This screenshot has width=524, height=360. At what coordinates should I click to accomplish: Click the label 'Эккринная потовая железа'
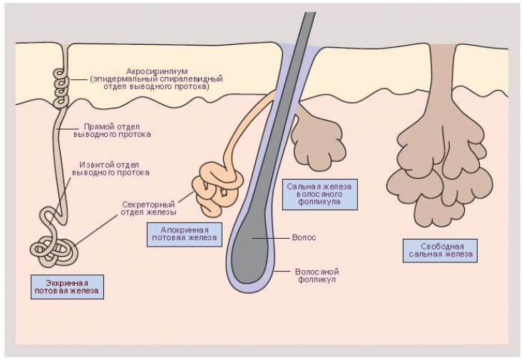pos(68,285)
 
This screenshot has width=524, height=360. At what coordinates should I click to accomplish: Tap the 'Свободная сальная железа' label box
pos(439,250)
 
